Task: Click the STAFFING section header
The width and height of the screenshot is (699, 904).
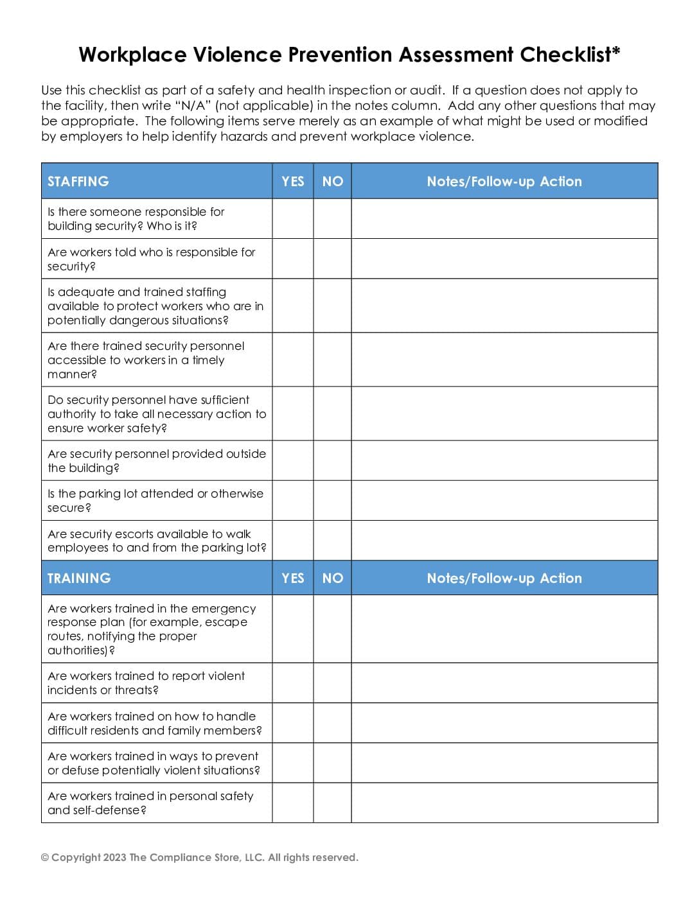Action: tap(78, 181)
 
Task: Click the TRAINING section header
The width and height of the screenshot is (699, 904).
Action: tap(79, 578)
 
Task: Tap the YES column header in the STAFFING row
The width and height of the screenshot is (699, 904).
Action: tap(293, 181)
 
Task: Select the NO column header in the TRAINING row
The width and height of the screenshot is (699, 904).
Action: tap(332, 578)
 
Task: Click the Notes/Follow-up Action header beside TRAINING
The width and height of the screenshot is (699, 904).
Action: tap(504, 578)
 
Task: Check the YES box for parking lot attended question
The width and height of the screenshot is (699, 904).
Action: tap(293, 501)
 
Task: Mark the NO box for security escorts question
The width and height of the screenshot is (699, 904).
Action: tap(332, 541)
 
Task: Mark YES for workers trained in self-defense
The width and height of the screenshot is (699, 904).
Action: tap(293, 803)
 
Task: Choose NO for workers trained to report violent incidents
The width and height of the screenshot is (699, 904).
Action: tap(332, 682)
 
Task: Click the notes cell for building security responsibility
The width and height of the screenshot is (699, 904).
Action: tap(504, 219)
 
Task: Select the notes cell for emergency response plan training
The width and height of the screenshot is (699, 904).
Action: tap(504, 629)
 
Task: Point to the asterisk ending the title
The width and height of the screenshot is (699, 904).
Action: tap(616, 51)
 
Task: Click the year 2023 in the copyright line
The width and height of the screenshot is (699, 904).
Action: tap(114, 858)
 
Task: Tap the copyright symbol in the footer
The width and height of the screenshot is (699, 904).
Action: tap(45, 858)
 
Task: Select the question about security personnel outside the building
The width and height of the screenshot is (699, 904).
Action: tap(156, 460)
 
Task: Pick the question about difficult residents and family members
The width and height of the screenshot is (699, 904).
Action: tap(154, 723)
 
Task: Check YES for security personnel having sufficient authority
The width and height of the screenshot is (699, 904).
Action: tap(293, 413)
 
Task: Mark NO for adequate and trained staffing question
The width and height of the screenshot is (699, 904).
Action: tap(332, 306)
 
